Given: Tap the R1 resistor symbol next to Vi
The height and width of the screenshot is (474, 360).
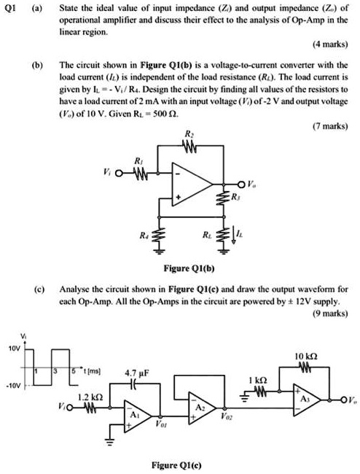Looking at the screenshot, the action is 139,174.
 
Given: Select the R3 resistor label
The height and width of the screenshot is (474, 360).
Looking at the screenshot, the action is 235,197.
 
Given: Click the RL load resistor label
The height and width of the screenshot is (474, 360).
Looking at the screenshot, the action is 207,235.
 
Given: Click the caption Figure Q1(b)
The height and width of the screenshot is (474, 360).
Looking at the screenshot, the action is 189,268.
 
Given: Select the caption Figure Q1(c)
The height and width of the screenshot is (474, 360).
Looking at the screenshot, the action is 176,465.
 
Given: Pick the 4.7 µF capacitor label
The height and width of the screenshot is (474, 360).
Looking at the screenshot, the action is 136,373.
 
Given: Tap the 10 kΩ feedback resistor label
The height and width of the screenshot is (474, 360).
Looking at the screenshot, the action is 306,357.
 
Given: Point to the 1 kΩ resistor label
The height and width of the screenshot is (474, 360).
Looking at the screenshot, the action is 258,379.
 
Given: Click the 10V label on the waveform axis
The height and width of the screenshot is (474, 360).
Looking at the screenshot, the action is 15,349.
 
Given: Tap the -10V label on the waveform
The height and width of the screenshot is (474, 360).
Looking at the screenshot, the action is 13,386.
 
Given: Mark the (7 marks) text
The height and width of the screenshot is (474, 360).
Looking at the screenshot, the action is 330,126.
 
